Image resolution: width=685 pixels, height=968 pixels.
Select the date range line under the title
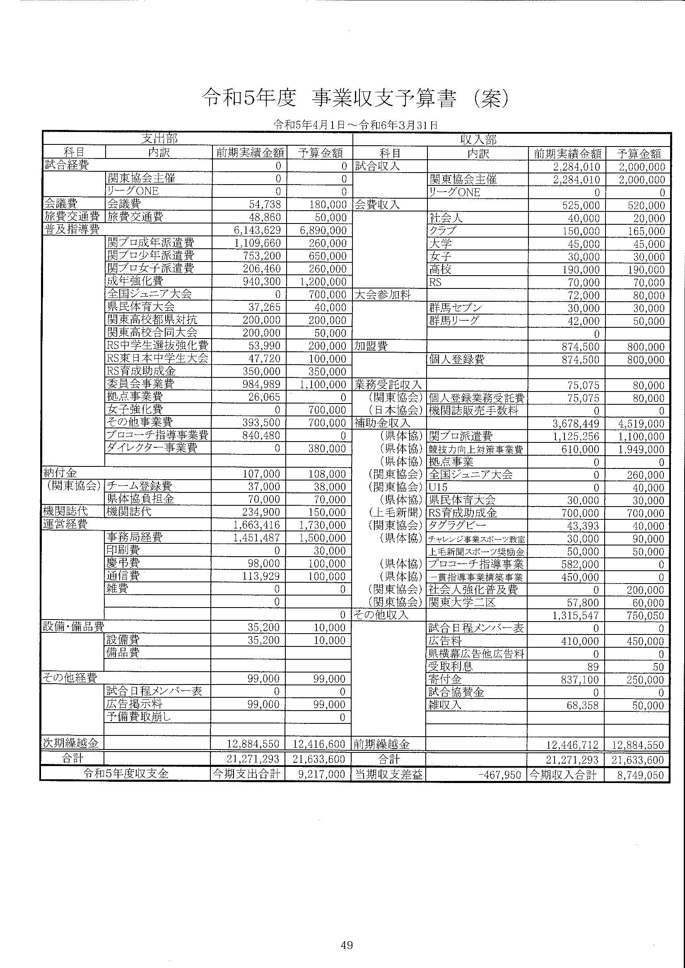pos(355,125)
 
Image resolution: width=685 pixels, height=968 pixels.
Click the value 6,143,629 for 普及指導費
pos(257,231)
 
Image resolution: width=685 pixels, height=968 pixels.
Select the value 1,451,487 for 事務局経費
pos(257,538)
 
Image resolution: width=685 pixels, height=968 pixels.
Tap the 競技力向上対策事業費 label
pos(476,449)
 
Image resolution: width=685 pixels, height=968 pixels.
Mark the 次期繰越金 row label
pos(71,743)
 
